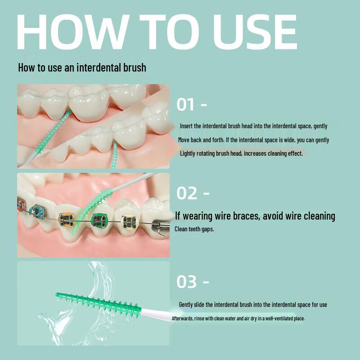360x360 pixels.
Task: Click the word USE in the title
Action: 255,31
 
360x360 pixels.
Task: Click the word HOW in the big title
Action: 72,31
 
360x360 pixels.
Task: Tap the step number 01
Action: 185,104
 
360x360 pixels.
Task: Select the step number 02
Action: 187,193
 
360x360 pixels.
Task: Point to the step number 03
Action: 186,282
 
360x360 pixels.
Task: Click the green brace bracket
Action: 99,220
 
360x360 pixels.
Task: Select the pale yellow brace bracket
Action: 130,222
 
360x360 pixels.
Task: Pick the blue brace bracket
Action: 37,211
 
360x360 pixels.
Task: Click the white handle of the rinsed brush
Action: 156,314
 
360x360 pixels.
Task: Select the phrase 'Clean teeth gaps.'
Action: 194,229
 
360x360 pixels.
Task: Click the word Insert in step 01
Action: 186,126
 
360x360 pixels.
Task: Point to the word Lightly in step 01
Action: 188,153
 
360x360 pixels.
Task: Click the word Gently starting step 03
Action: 186,305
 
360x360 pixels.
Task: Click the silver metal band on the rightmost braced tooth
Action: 161,226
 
